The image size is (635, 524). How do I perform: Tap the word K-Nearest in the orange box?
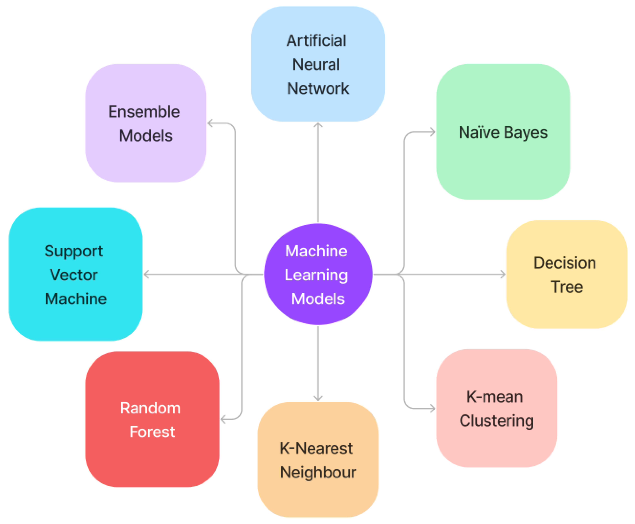[316, 448]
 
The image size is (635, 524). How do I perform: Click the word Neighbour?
[318, 472]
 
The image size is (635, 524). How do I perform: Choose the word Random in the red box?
[150, 408]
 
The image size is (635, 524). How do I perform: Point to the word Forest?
[152, 432]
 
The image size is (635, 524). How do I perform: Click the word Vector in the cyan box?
[74, 275]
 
